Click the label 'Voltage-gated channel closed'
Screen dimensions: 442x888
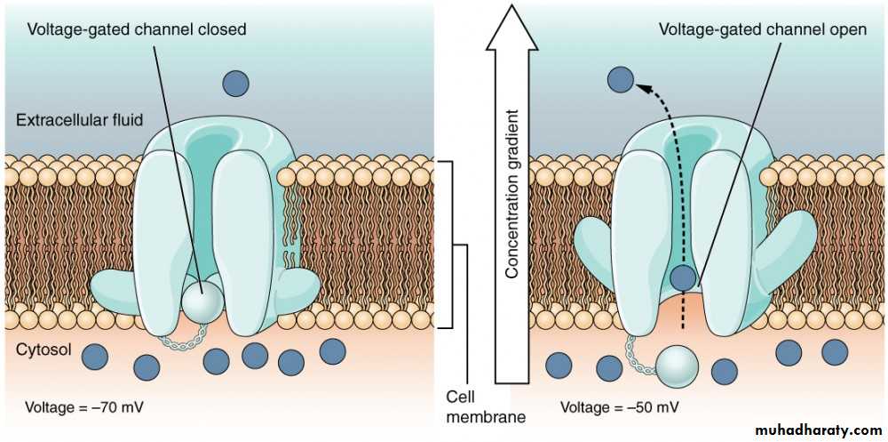tap(136, 29)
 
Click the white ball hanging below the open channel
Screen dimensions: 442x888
tap(678, 365)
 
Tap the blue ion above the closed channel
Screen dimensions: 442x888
tap(234, 84)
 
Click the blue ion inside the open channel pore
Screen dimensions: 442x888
tap(683, 278)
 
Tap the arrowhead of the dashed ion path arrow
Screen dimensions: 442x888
tap(642, 86)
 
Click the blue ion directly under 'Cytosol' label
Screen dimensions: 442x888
tap(95, 358)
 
